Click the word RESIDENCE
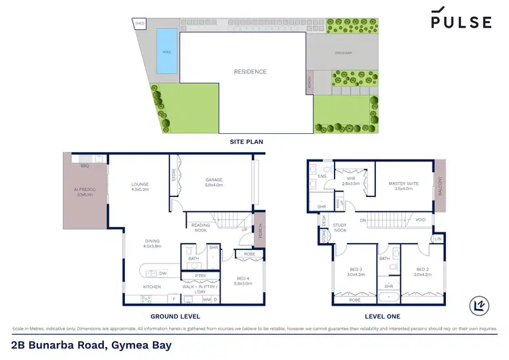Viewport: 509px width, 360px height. click(250, 72)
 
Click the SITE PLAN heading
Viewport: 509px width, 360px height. click(246, 142)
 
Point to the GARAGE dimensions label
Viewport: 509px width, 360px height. click(214, 183)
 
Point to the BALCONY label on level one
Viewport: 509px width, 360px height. click(440, 187)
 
